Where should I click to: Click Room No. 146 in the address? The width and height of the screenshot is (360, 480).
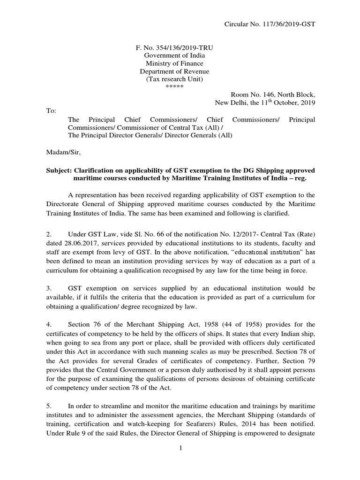coord(251,95)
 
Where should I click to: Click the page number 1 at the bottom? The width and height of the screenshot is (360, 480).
coord(180,448)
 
